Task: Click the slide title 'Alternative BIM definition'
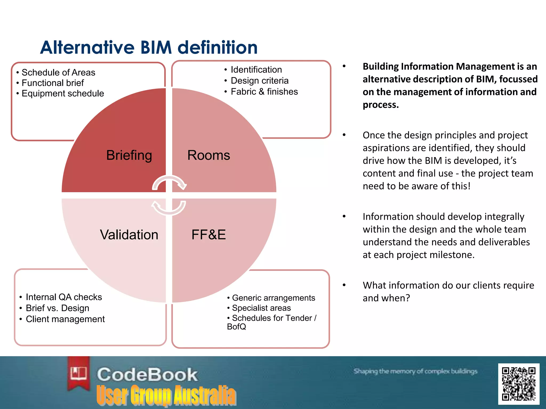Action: (x=149, y=48)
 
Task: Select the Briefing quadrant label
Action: (x=129, y=155)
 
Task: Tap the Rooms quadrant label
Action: (x=208, y=155)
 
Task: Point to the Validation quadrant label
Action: (x=129, y=235)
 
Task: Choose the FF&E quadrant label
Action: (x=208, y=235)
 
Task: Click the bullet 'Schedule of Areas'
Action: (x=58, y=72)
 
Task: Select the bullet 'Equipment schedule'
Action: (x=63, y=93)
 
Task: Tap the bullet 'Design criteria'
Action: (x=259, y=81)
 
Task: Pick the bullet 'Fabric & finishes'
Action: (x=264, y=92)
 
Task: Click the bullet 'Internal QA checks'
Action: (x=64, y=297)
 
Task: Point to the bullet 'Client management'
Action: (x=65, y=319)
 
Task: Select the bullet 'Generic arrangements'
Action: (x=273, y=298)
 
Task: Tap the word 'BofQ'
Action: (x=236, y=327)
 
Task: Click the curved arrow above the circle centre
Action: (x=169, y=183)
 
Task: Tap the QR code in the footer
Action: (x=519, y=384)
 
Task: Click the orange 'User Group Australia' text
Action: (x=166, y=395)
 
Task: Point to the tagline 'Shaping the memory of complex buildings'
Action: (x=415, y=371)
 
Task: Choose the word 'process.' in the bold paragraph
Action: (x=380, y=105)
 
